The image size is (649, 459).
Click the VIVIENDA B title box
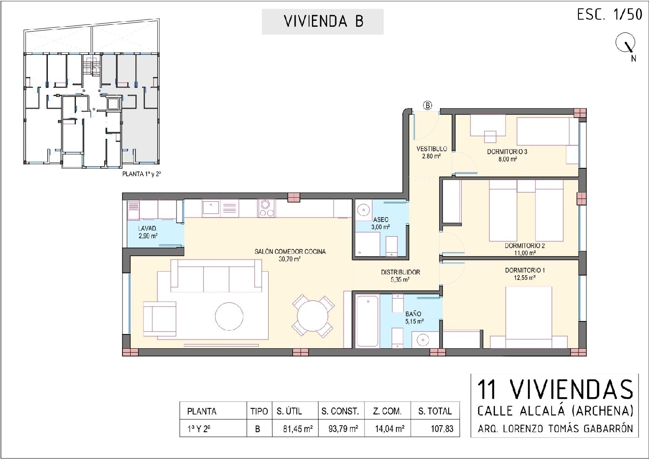click(x=322, y=22)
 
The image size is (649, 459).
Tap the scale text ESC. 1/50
click(x=609, y=15)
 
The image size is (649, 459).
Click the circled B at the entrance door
click(x=427, y=105)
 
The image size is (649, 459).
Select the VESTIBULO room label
click(x=431, y=149)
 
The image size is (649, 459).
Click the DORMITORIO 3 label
click(x=507, y=152)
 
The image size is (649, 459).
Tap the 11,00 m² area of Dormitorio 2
click(x=524, y=253)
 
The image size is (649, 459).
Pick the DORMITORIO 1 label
click(x=525, y=270)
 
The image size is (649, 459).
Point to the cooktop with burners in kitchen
click(x=267, y=208)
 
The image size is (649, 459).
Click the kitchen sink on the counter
click(x=212, y=208)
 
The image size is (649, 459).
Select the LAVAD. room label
click(x=148, y=228)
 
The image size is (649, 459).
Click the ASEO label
click(x=381, y=220)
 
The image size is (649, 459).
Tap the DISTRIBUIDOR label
click(x=400, y=272)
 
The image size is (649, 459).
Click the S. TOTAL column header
click(x=435, y=411)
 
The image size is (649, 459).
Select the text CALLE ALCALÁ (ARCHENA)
click(x=555, y=410)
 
